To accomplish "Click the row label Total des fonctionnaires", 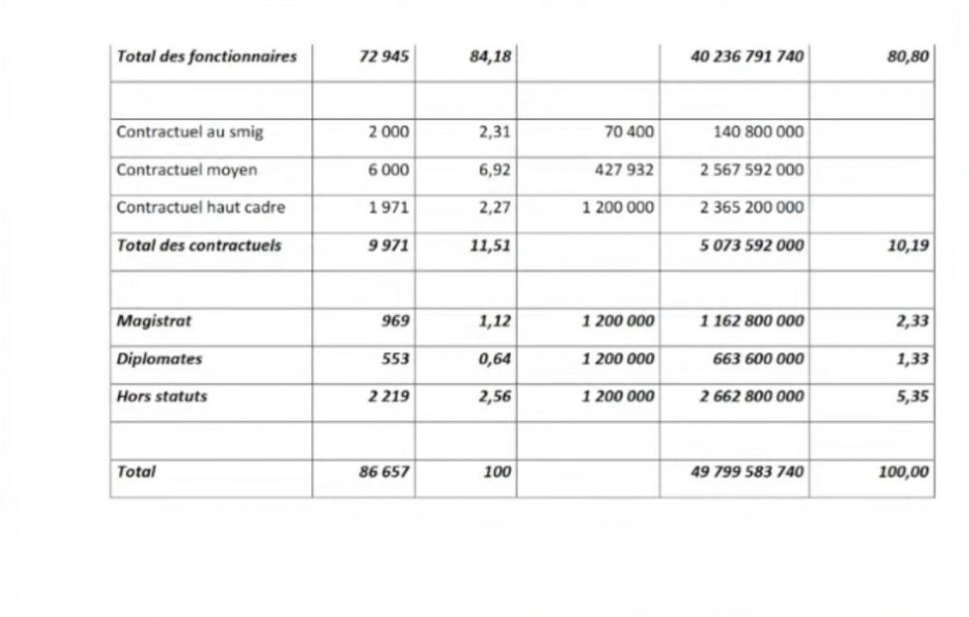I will click(206, 57).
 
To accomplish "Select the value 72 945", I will click(384, 57).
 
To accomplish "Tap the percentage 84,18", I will click(490, 57).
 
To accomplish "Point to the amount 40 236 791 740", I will click(749, 57).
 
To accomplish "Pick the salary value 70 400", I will click(628, 132).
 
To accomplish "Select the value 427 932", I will click(625, 169).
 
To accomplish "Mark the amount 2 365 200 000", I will click(752, 207).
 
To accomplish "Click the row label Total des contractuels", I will click(199, 245).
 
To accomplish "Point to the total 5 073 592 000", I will click(752, 245).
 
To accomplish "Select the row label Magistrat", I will click(153, 321).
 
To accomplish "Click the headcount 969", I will click(396, 321).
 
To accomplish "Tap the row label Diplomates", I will click(159, 359).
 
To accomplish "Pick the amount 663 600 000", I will click(759, 359).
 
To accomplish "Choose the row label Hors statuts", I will click(161, 397).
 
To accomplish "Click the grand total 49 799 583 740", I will click(749, 471).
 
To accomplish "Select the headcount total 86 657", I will click(384, 471).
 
